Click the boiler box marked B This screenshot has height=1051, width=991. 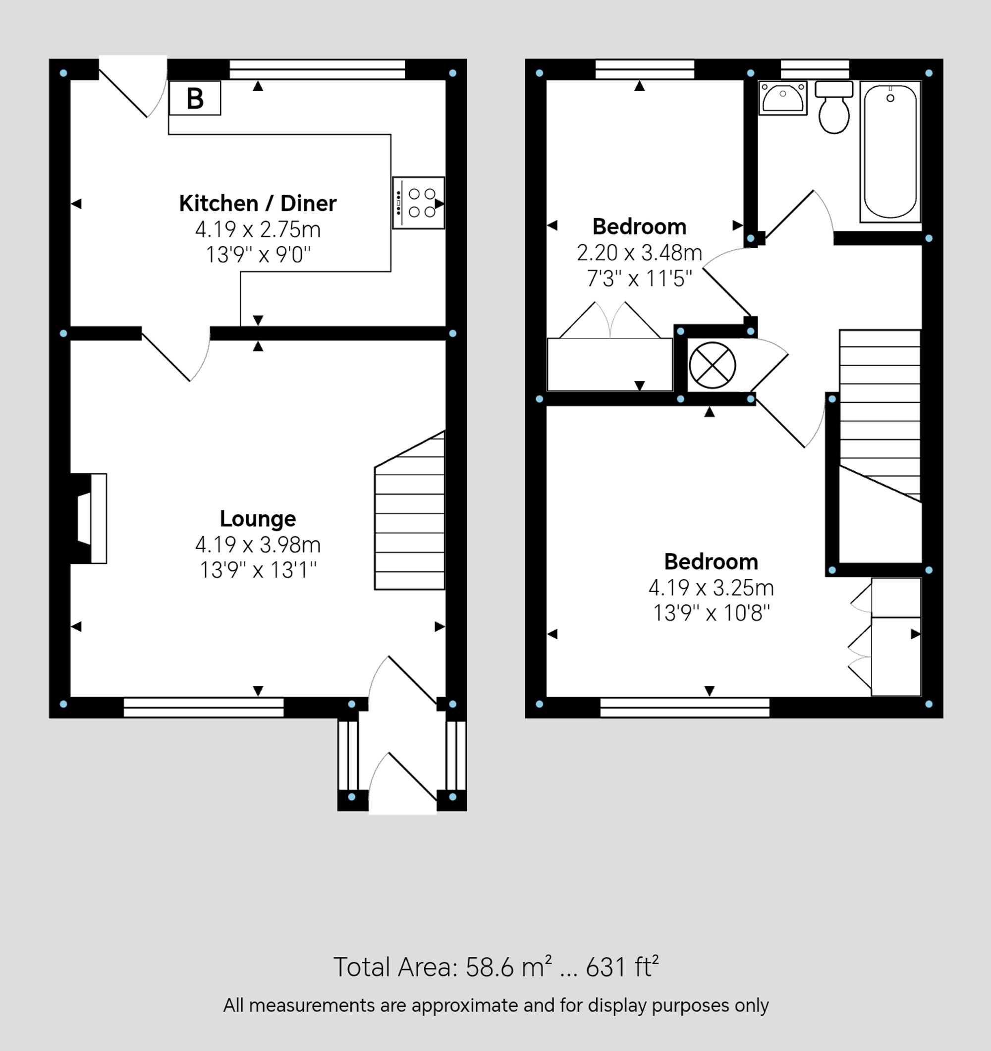(x=195, y=98)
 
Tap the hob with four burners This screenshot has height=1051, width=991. (x=418, y=203)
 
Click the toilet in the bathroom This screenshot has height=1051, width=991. (x=833, y=108)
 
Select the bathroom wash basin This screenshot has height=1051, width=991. (x=782, y=98)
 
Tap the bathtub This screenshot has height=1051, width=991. (x=890, y=152)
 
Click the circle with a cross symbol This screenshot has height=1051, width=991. (x=712, y=365)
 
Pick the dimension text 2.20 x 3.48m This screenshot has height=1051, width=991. (x=639, y=253)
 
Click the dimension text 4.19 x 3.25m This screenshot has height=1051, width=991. (x=711, y=588)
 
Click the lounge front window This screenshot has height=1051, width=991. (x=204, y=708)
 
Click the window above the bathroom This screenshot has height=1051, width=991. (x=815, y=69)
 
